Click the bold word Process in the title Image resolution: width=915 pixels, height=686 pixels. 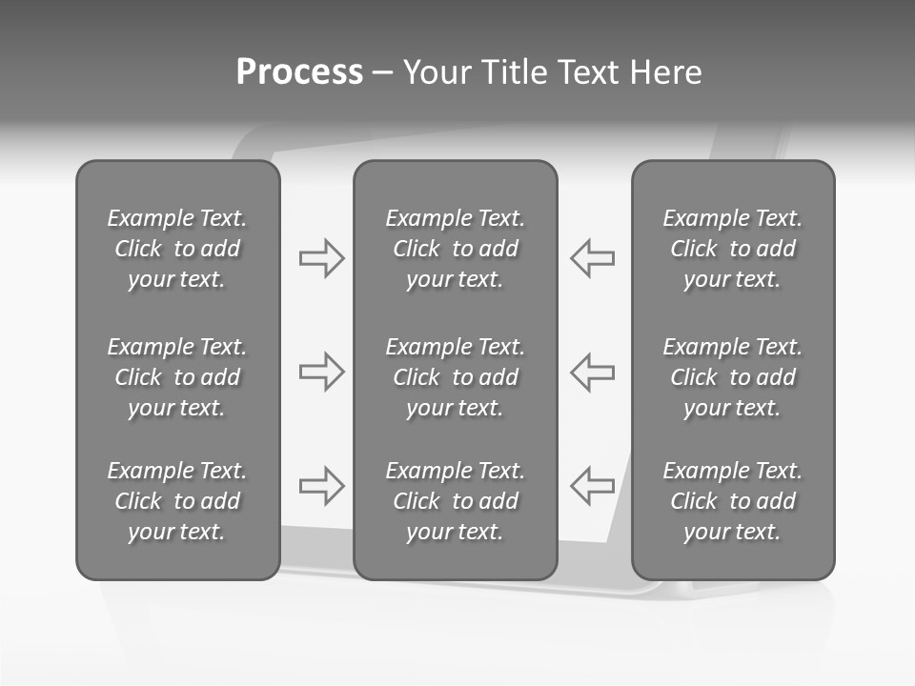coord(299,72)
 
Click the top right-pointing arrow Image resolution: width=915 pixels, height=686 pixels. coord(322,258)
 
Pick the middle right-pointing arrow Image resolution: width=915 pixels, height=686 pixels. coord(322,372)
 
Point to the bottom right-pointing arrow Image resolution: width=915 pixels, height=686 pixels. coord(322,486)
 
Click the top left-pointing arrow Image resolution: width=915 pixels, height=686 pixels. coord(593,258)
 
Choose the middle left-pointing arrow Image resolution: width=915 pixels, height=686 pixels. coord(593,372)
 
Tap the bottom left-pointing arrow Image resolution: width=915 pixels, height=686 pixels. coord(593,486)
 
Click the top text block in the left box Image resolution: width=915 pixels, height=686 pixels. coord(177,249)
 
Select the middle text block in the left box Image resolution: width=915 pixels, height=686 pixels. coord(177,377)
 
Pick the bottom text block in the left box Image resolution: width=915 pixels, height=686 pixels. coord(177,501)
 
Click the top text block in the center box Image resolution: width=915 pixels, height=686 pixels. coord(456,249)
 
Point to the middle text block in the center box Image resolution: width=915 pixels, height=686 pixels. coord(456,377)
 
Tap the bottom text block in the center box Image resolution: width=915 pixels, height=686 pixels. coord(456,501)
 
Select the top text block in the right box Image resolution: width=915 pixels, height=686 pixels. coord(733,249)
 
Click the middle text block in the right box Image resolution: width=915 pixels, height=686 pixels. coord(733,377)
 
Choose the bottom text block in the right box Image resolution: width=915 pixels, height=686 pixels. coord(733,501)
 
